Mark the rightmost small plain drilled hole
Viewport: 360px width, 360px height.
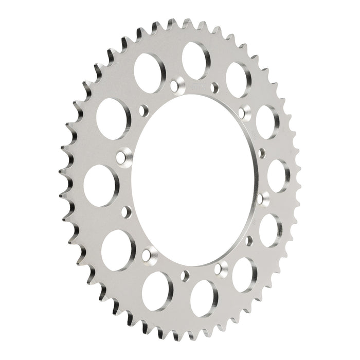262,152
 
